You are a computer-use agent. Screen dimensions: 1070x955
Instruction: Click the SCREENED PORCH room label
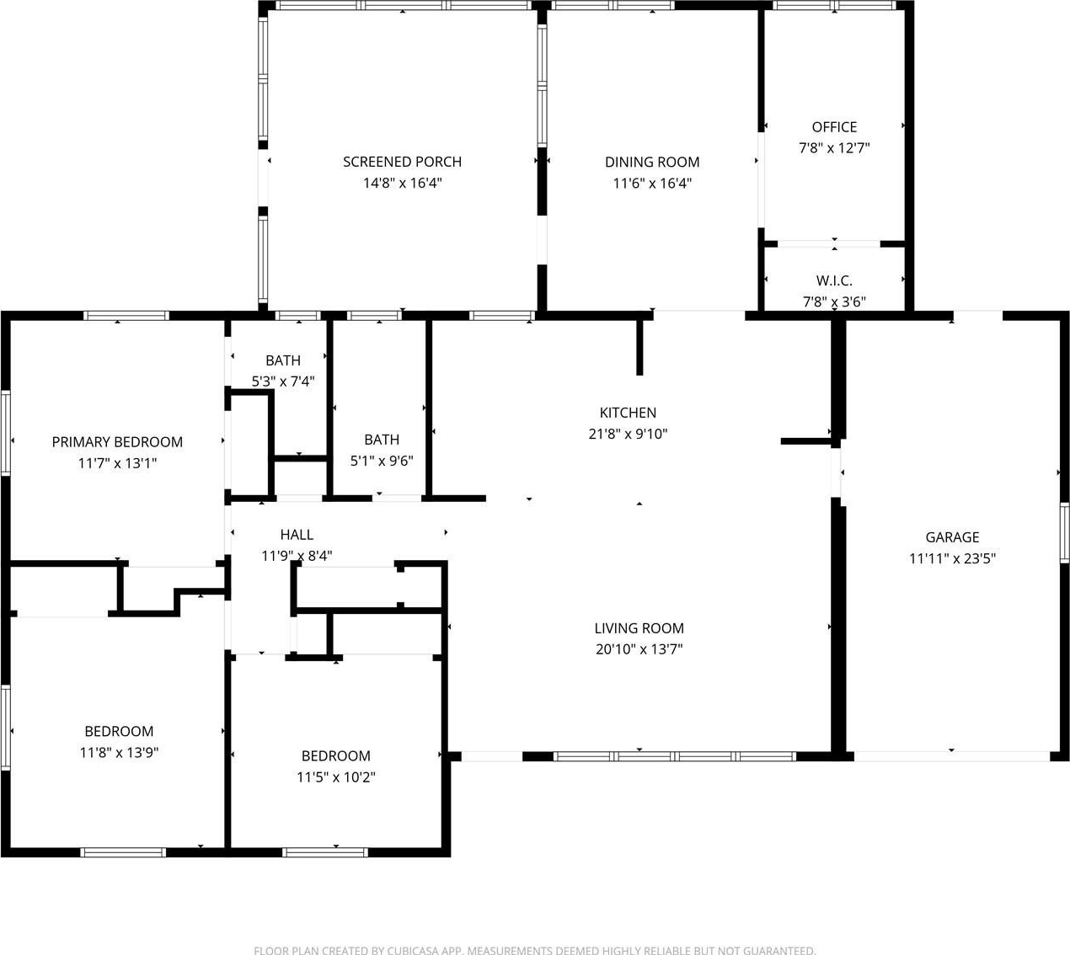[402, 162]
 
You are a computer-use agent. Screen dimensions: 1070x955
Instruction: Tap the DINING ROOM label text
[652, 162]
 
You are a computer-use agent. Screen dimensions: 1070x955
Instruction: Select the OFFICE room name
[834, 127]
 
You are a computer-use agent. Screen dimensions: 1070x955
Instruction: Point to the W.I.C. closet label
[834, 280]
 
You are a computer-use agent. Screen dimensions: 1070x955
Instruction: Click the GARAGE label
[952, 537]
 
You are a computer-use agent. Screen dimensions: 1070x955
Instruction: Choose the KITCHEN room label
[628, 413]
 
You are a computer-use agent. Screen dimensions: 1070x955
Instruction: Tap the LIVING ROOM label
[639, 628]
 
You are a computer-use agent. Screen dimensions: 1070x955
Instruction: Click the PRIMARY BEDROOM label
[117, 442]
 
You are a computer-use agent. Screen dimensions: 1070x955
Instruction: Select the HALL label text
[297, 535]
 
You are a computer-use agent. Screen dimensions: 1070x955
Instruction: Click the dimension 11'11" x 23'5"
[952, 558]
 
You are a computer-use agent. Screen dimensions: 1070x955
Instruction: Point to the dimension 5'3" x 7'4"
[283, 381]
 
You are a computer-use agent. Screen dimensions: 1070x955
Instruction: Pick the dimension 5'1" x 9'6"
[382, 461]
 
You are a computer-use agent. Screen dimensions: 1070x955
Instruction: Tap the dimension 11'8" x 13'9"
[119, 752]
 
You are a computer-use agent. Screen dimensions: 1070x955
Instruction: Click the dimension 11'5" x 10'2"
[336, 777]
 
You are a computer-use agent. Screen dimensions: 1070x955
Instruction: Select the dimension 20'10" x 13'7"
[639, 648]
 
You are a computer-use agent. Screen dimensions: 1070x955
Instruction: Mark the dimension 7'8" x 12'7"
[834, 148]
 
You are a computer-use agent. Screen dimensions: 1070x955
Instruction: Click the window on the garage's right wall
[1065, 533]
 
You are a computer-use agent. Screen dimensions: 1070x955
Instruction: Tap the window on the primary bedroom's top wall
[126, 316]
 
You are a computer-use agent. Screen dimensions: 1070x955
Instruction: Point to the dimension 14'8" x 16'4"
[402, 183]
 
